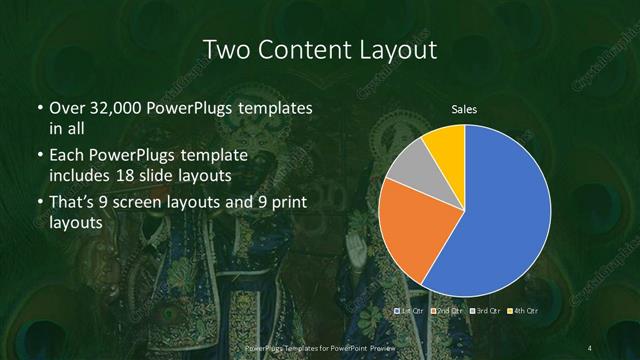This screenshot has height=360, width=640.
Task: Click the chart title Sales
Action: pyautogui.click(x=463, y=107)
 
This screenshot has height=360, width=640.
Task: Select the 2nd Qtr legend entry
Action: pyautogui.click(x=445, y=312)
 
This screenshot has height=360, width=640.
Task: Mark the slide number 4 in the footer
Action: pyautogui.click(x=591, y=346)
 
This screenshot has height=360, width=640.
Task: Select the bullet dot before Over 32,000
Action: pyautogui.click(x=39, y=108)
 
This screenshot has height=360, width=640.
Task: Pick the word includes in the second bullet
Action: pyautogui.click(x=82, y=176)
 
